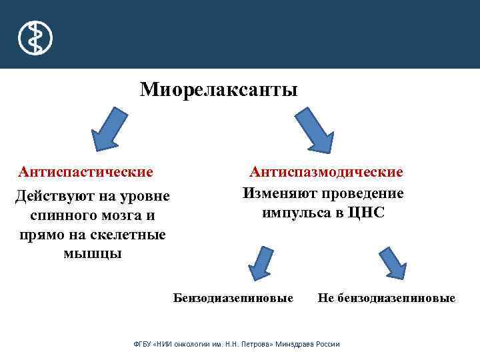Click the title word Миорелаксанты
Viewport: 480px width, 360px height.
point(219,89)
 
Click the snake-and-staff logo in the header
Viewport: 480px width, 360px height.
point(35,37)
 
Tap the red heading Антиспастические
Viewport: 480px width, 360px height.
point(86,172)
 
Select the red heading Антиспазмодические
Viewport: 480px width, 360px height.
point(326,172)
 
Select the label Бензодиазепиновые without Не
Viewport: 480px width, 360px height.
point(233,298)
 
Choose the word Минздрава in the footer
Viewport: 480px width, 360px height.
point(294,344)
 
